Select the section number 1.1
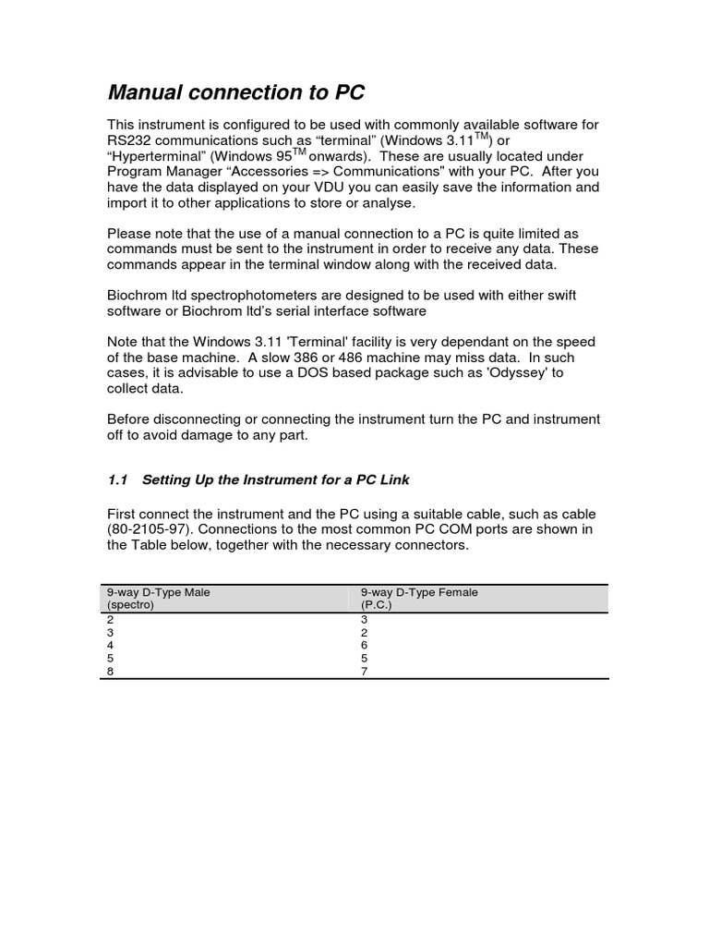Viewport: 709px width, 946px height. (x=117, y=479)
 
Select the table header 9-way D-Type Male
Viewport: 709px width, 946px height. (x=159, y=592)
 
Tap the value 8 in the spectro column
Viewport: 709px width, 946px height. (x=111, y=672)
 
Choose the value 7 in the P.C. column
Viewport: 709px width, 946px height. (x=365, y=672)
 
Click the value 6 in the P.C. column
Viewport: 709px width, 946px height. (x=365, y=645)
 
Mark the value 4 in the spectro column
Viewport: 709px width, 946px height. (x=111, y=645)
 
